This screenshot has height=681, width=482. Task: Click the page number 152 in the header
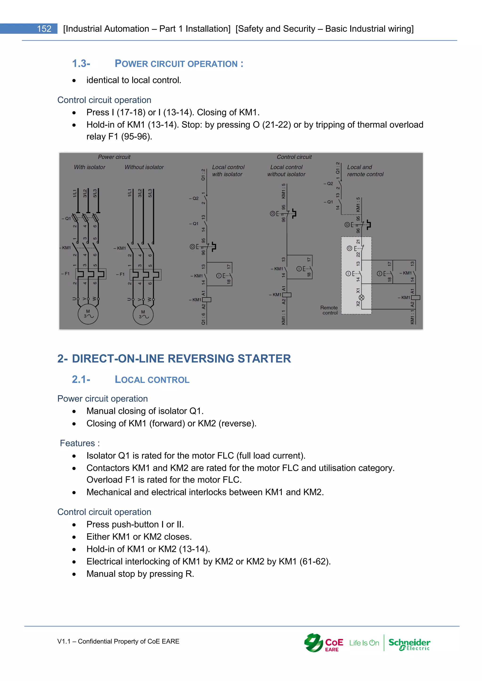tap(44, 29)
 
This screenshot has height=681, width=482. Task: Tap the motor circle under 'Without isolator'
tap(143, 314)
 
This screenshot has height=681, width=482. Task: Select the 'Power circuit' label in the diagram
tap(114, 157)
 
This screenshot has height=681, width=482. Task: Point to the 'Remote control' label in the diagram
tap(329, 310)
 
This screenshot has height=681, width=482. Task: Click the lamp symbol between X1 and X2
tap(361, 297)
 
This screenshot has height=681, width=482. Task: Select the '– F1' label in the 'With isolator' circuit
tap(65, 274)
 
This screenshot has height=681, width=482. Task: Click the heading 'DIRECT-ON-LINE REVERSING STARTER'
tap(181, 359)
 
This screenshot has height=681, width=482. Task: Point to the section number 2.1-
tap(81, 379)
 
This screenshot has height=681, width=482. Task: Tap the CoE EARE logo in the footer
tap(324, 643)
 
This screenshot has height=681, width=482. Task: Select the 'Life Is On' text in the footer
tap(364, 643)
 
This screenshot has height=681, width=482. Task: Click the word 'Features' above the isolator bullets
tap(77, 443)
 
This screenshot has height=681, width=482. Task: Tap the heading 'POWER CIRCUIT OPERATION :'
tap(179, 64)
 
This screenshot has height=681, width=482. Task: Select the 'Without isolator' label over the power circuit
tap(144, 167)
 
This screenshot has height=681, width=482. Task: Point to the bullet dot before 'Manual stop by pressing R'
tap(74, 574)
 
